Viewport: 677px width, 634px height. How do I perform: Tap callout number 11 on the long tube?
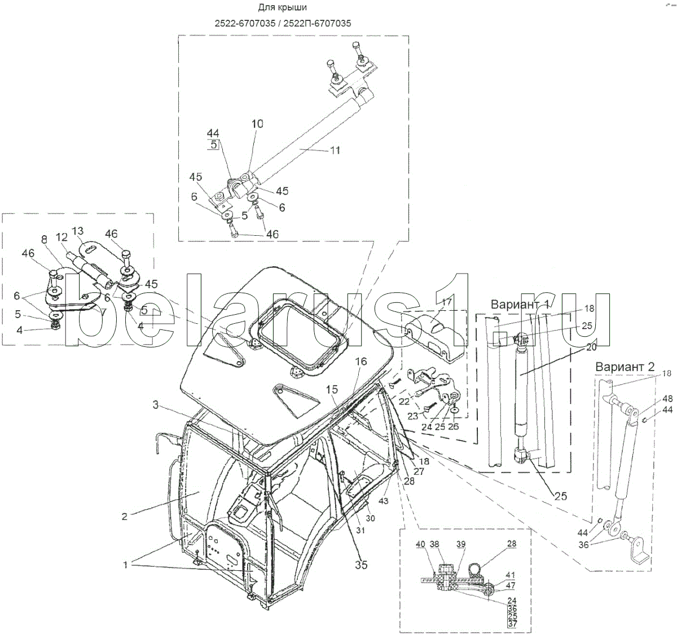coord(335,151)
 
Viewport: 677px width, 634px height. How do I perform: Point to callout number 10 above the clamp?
coord(257,124)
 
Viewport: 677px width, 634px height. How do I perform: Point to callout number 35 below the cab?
coord(361,564)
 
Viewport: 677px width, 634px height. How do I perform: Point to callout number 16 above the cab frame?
coord(361,362)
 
